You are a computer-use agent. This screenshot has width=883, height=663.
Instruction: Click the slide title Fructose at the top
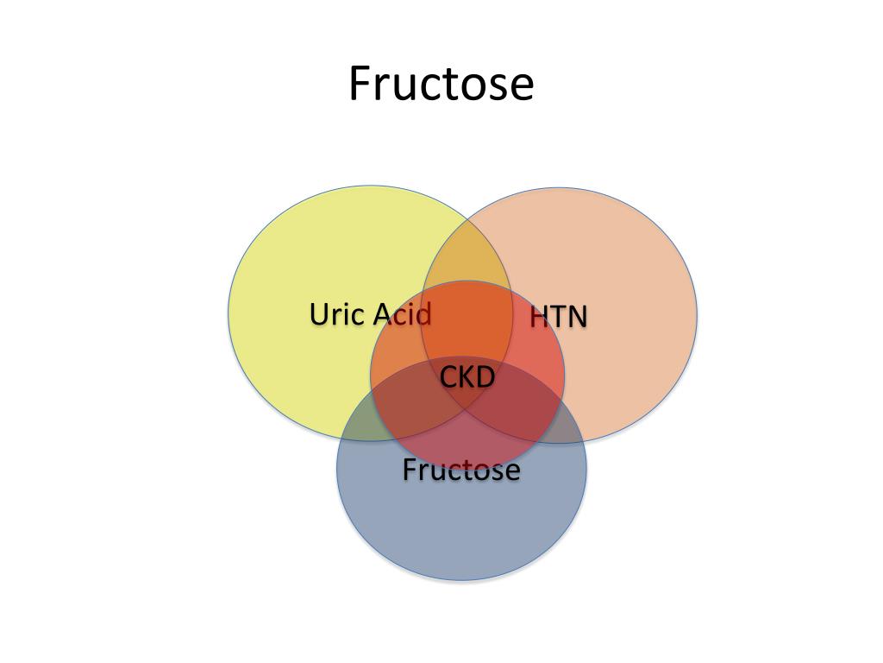[x=441, y=84]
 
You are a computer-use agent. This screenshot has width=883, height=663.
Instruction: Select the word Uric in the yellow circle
[x=331, y=314]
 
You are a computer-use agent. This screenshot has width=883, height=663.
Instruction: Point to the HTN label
[x=558, y=317]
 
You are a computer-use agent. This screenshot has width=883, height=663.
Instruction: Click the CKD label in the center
[x=467, y=377]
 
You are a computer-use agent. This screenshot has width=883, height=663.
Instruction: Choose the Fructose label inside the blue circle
[x=461, y=470]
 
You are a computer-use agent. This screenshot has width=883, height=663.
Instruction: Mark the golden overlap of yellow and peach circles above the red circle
[x=467, y=255]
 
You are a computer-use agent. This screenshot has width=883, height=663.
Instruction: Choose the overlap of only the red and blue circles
[x=467, y=445]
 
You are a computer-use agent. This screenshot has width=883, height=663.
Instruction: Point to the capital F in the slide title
[x=360, y=84]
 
